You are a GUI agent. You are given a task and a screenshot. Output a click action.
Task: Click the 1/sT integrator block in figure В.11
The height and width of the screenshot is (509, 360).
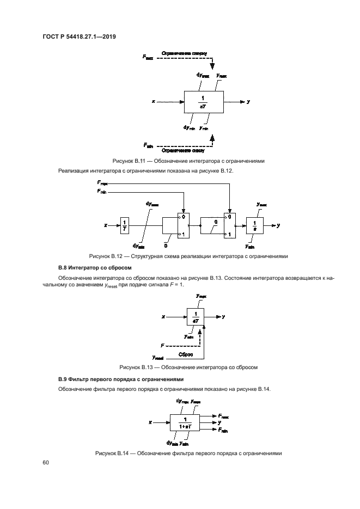(x=204, y=102)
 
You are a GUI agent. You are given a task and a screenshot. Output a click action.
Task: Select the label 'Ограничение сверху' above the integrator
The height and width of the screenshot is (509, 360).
(x=183, y=55)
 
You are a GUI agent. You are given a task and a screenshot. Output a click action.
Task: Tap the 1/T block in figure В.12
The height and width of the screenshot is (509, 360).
(x=125, y=225)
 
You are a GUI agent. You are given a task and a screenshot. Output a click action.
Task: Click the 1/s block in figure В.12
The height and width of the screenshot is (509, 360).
(x=254, y=225)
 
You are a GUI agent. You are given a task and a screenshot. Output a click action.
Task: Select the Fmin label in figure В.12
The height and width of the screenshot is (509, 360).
(x=102, y=192)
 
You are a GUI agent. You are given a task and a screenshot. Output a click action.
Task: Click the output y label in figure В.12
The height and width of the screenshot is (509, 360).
(x=278, y=224)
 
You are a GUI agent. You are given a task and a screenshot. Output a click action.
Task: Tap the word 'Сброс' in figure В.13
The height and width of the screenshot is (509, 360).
(x=186, y=354)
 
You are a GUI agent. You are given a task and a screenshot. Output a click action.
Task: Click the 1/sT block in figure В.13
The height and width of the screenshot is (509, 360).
(x=196, y=316)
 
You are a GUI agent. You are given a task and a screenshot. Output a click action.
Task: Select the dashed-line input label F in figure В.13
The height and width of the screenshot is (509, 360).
(x=162, y=345)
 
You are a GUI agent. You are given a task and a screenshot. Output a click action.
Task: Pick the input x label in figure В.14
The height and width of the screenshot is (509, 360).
(x=150, y=422)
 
